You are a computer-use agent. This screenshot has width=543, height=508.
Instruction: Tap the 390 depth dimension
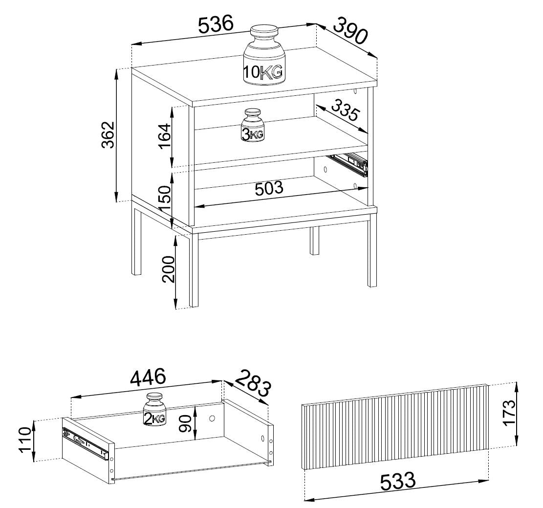350,31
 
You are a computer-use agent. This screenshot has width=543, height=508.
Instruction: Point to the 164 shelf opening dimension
165,136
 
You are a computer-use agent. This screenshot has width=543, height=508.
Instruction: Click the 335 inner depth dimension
344,109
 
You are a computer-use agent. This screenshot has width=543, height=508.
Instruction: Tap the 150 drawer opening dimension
165,198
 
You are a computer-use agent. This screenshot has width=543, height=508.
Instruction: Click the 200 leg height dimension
169,269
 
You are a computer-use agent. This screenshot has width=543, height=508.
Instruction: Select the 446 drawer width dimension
148,377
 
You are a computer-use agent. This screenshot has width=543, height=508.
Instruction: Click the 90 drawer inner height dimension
186,423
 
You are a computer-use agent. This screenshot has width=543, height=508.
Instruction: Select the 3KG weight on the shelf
253,125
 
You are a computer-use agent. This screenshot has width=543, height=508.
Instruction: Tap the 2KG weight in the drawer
154,410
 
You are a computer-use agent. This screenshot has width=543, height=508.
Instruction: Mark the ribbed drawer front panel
395,427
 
